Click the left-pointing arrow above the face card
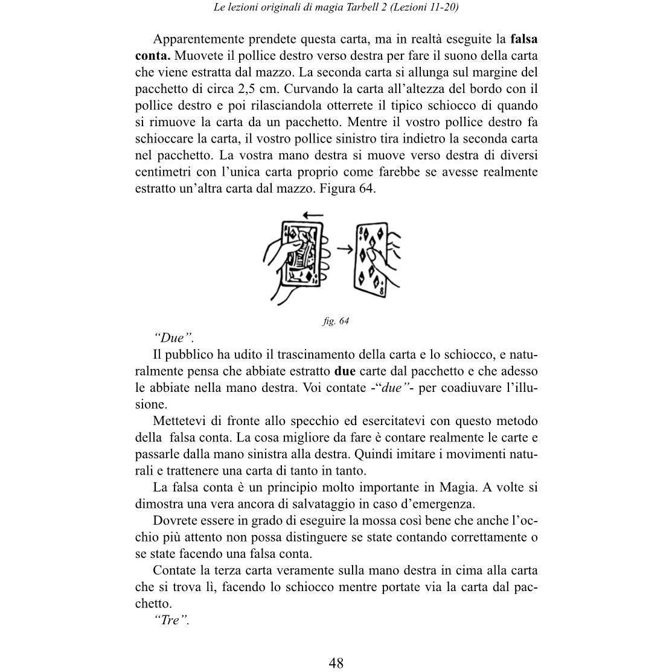[313, 215]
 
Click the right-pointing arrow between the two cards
[345, 248]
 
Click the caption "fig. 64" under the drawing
[336, 321]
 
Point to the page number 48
[336, 662]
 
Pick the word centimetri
[163, 172]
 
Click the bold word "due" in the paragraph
[344, 371]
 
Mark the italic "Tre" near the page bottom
[171, 620]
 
